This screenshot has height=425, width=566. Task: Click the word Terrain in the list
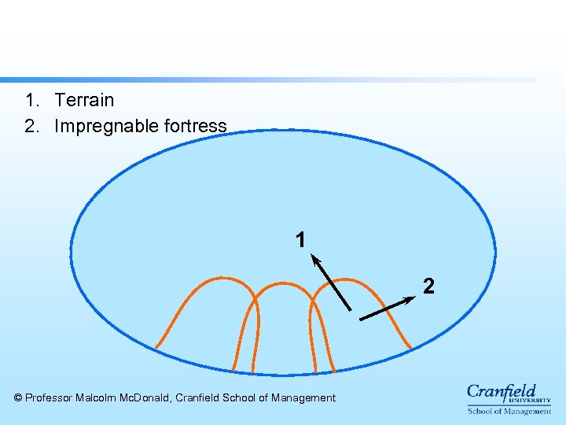[84, 100]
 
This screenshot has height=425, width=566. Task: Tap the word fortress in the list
[196, 126]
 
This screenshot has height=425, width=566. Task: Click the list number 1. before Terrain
[31, 100]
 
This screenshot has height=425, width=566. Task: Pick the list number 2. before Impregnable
[31, 126]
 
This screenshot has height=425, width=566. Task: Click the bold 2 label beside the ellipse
[428, 286]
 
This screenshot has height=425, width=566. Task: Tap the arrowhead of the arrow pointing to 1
[315, 259]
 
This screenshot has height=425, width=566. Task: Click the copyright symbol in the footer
[19, 398]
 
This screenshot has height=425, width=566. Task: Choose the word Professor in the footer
[49, 398]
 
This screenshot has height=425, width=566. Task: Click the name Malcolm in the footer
[96, 398]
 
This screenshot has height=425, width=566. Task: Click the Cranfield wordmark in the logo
[502, 391]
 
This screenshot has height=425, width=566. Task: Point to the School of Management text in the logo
[509, 411]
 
